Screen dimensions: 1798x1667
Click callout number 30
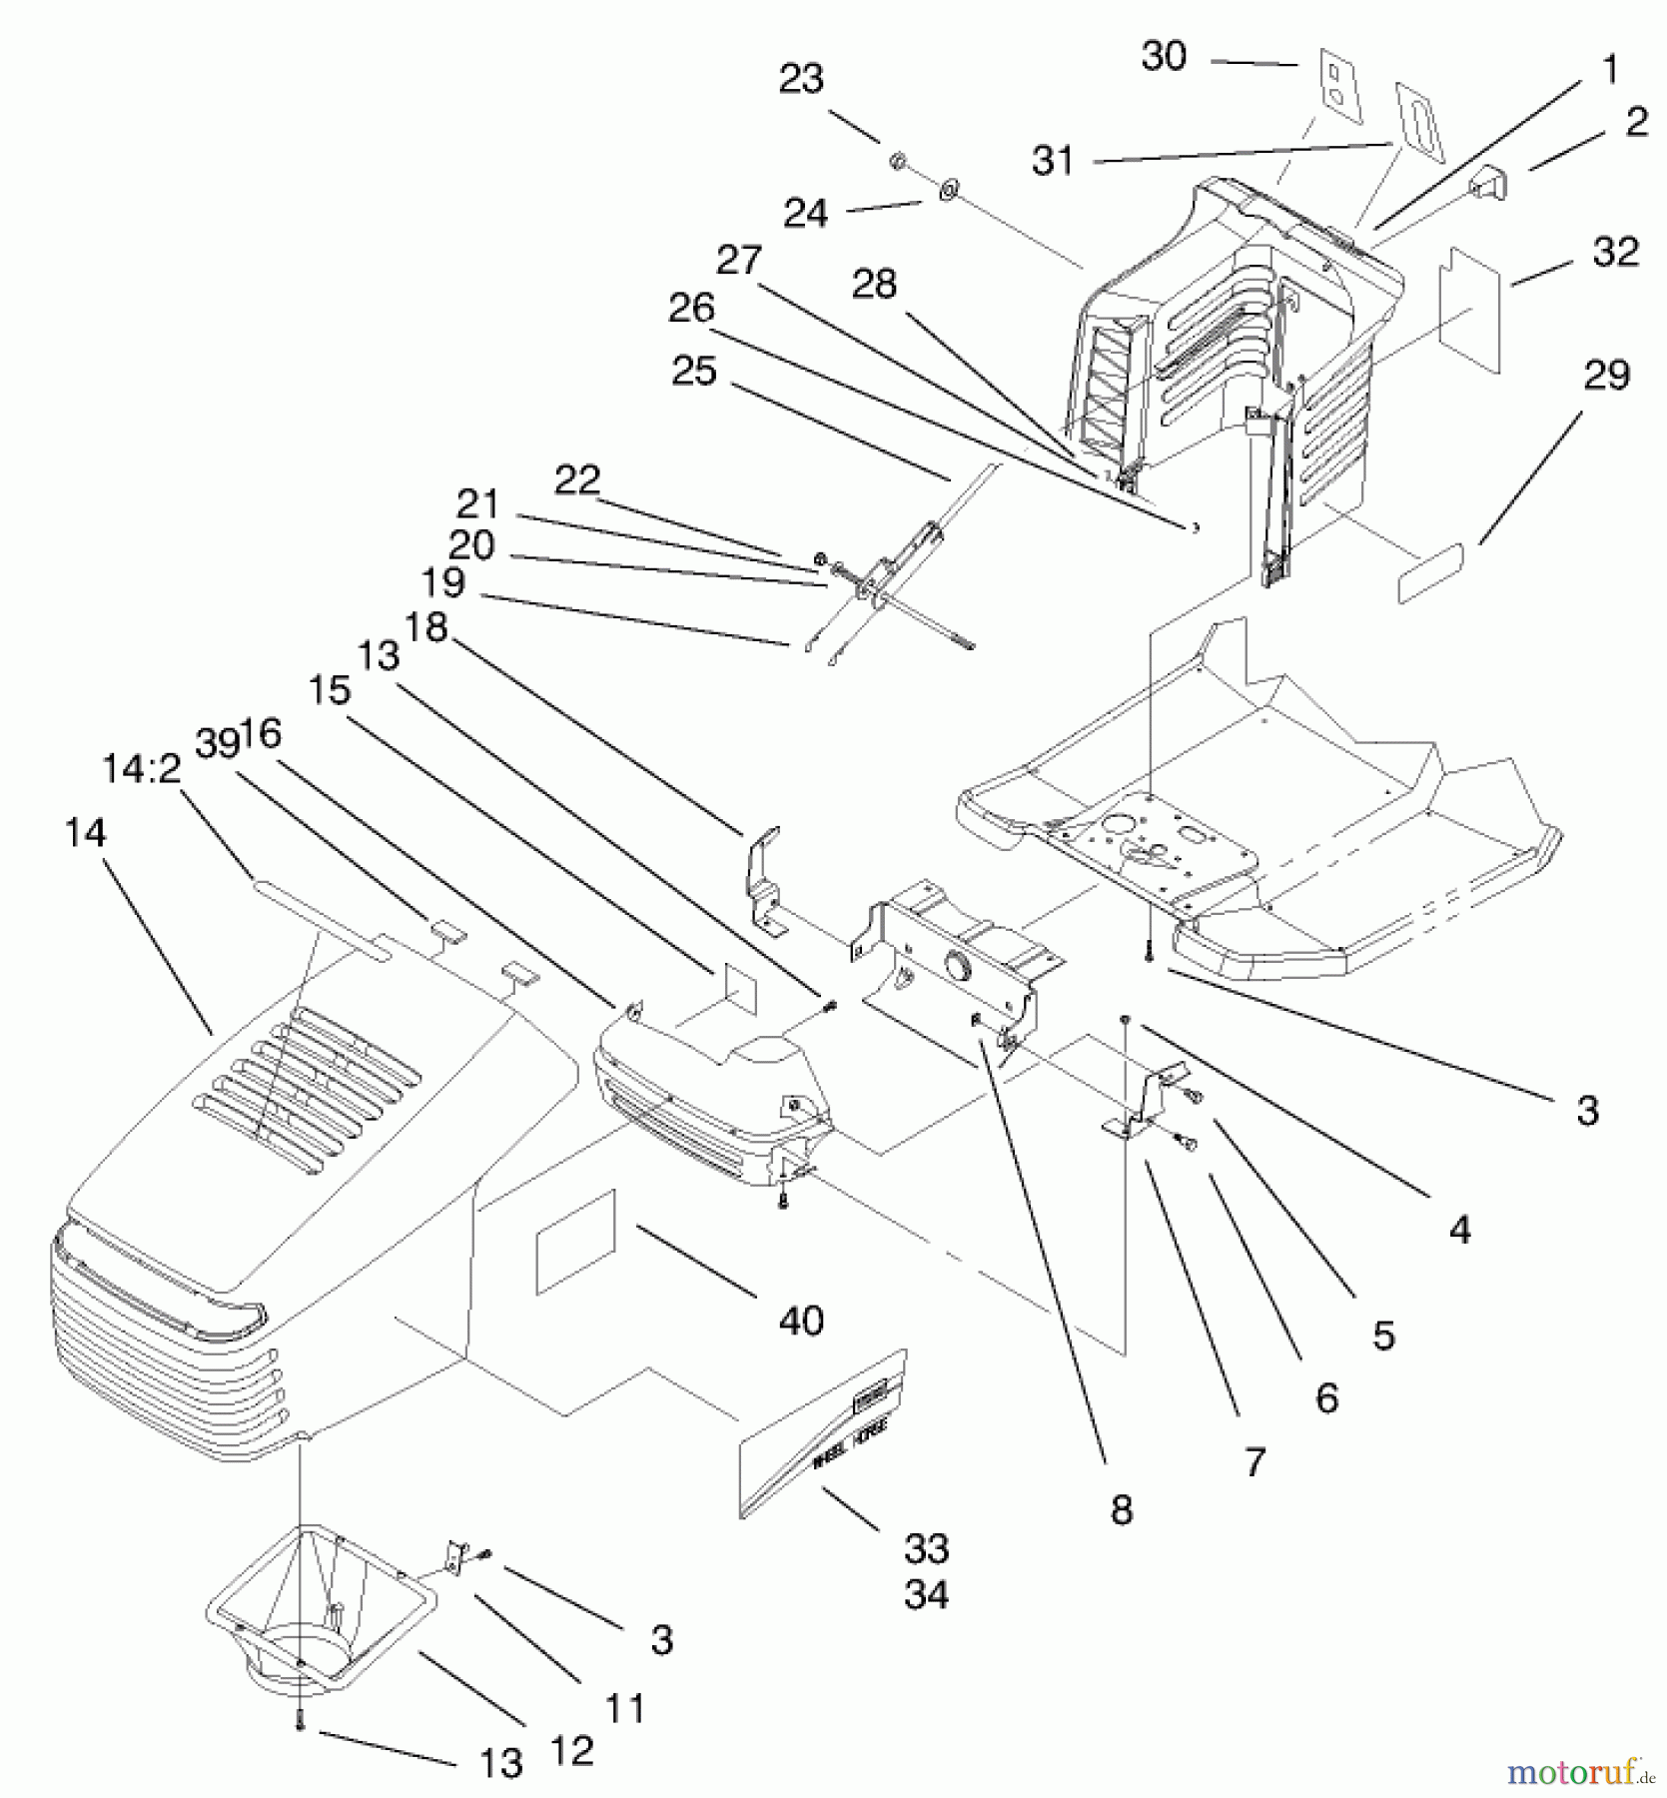(x=1164, y=57)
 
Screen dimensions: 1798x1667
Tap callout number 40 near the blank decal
(x=801, y=1321)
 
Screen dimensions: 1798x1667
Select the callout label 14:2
(x=141, y=769)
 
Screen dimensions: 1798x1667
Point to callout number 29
(x=1606, y=376)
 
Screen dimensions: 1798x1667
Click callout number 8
(x=1121, y=1510)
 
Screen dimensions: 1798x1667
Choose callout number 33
(x=926, y=1549)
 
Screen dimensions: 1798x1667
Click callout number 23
(x=801, y=79)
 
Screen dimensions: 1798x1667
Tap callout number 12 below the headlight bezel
(x=571, y=1750)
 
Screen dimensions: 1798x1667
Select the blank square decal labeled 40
(x=576, y=1241)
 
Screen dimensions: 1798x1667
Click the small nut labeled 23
(x=897, y=161)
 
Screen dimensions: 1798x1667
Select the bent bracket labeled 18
(x=764, y=879)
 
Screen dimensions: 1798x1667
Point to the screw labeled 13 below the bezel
(x=299, y=1722)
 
